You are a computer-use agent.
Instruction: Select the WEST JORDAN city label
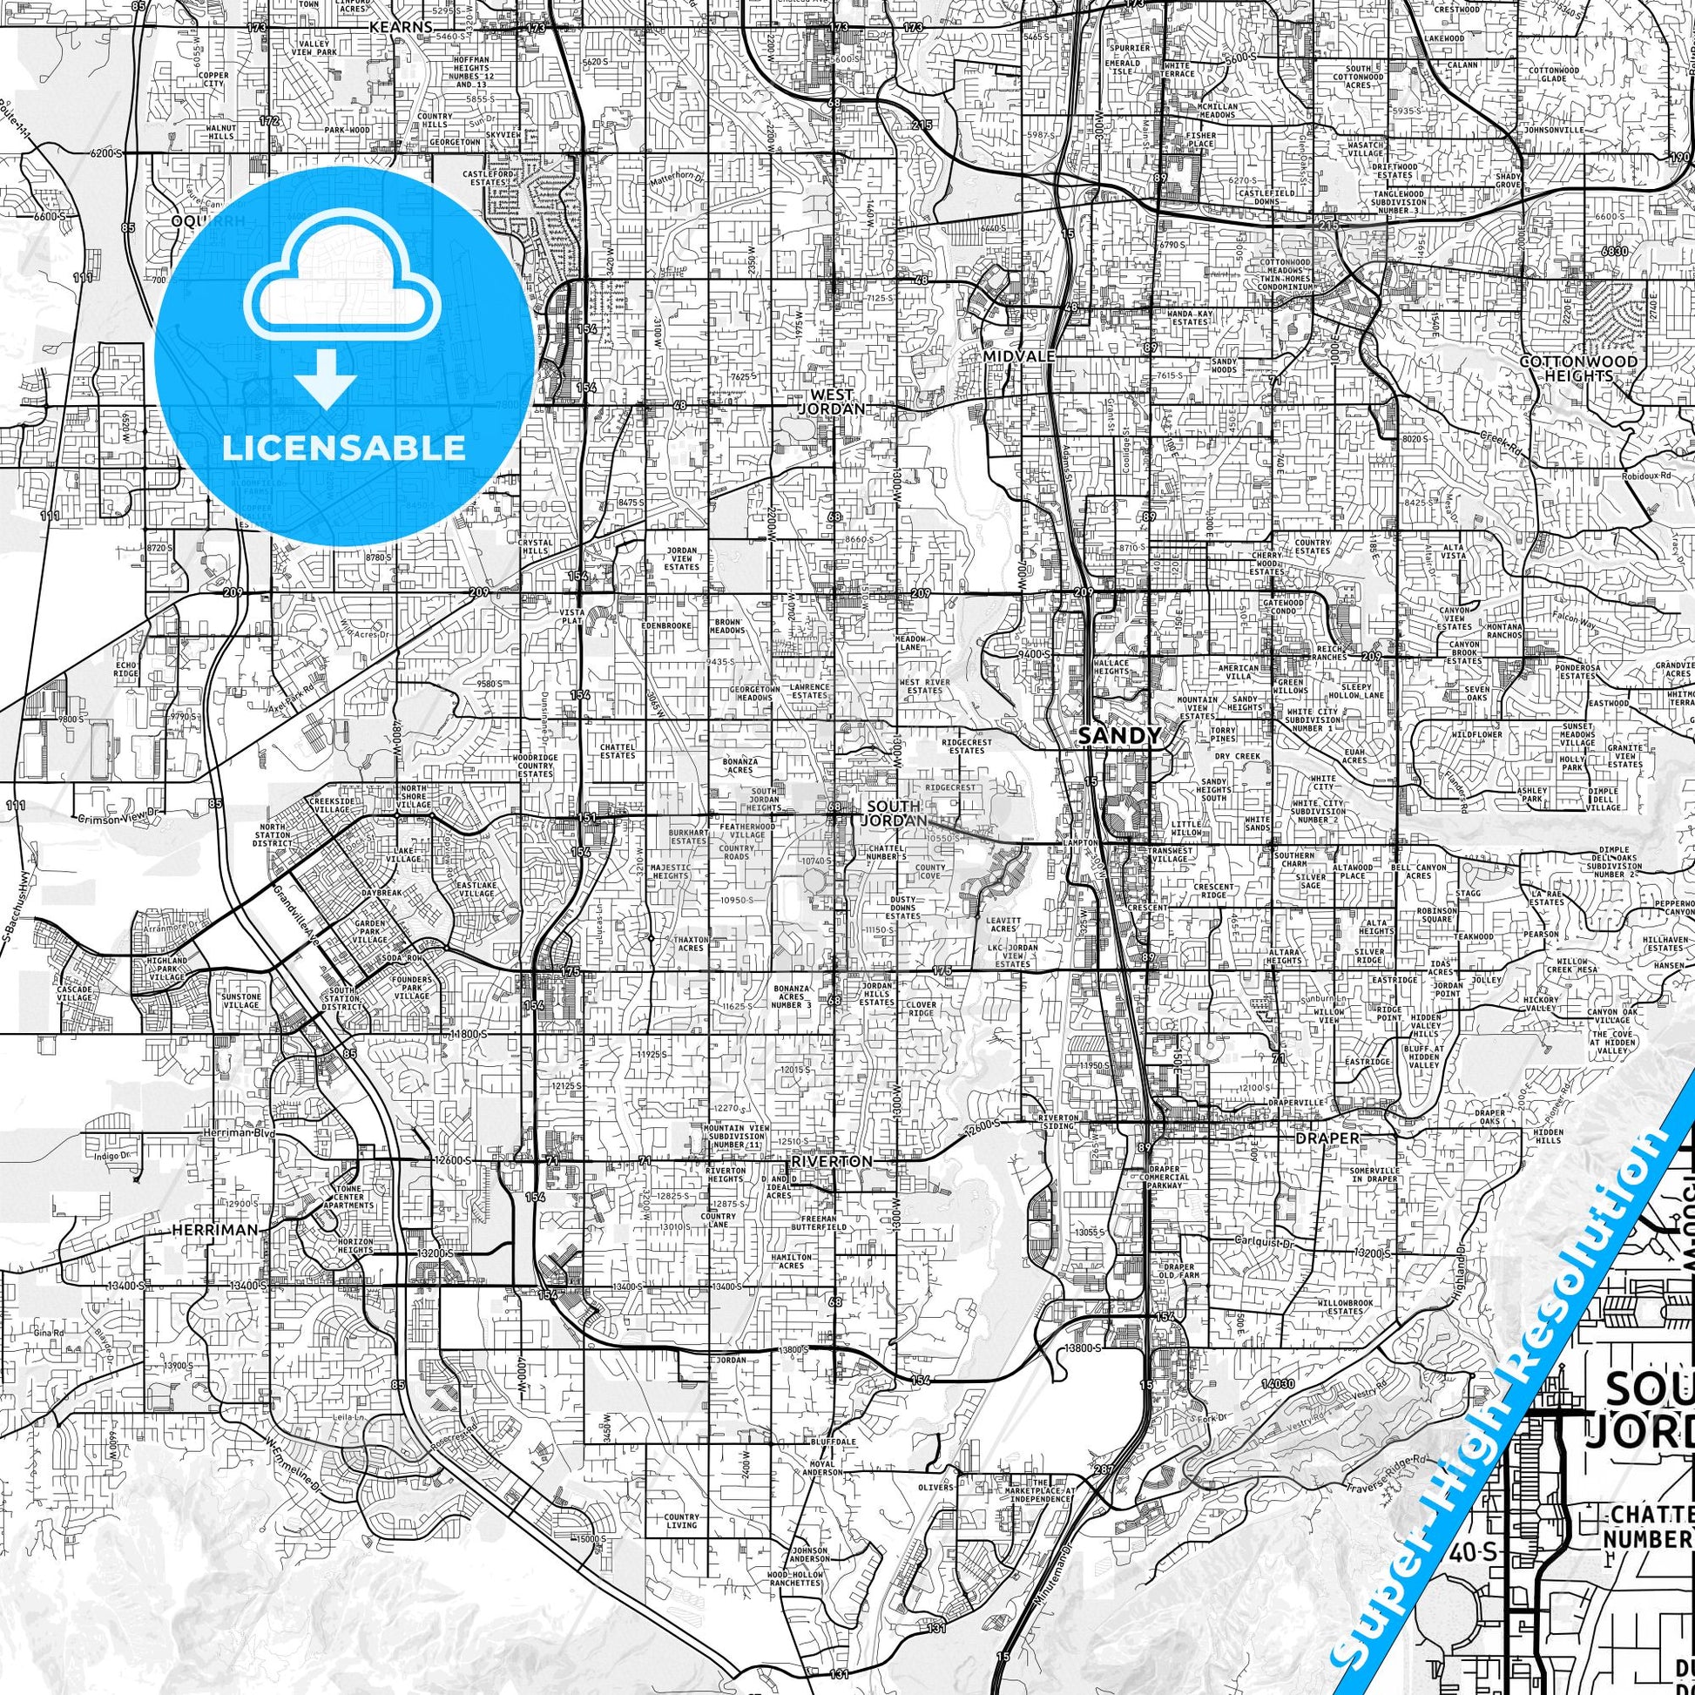click(835, 402)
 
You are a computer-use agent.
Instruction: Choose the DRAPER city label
click(1327, 1138)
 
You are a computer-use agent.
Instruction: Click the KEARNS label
click(401, 27)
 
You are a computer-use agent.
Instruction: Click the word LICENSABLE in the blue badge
click(344, 448)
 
